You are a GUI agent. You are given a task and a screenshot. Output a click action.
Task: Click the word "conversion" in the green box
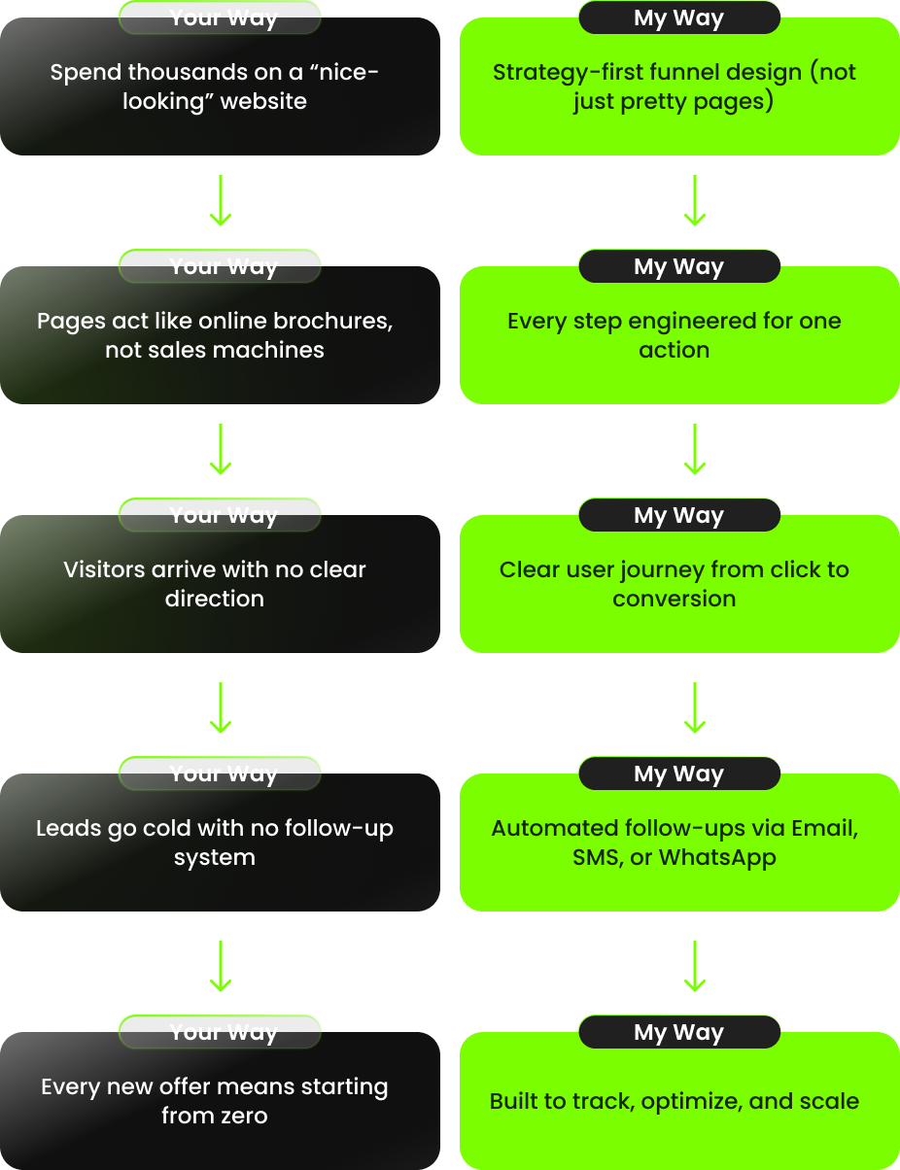click(x=674, y=599)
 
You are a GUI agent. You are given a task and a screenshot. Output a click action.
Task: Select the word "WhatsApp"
click(x=717, y=857)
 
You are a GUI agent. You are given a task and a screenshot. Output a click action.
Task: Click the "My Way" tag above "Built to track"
click(x=678, y=1032)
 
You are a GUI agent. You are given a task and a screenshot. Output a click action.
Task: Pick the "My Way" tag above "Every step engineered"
click(x=678, y=266)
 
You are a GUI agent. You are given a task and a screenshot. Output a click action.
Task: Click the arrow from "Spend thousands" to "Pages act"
click(x=221, y=201)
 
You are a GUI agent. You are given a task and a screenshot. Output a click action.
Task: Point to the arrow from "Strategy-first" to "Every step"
click(x=694, y=201)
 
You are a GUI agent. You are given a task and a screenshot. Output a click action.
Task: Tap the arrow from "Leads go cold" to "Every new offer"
click(x=221, y=966)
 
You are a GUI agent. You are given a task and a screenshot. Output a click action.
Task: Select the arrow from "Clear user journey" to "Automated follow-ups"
click(x=694, y=707)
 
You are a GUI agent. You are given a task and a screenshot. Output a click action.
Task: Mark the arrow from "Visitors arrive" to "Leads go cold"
click(x=221, y=707)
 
